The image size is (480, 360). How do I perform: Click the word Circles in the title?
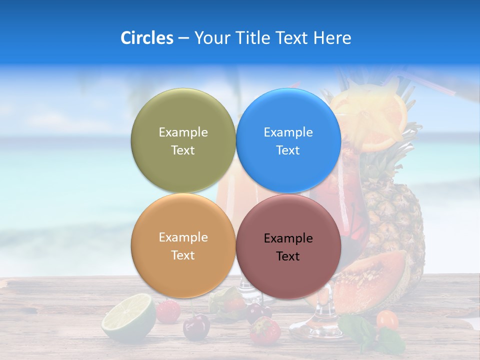146,38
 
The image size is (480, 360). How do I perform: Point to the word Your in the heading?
210,38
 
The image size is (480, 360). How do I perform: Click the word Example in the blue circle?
288,132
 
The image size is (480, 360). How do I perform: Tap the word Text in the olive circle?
183,150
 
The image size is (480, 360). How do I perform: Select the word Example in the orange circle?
183,237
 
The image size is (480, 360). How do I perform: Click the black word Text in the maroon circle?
288,256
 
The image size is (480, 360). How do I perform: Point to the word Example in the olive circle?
183,132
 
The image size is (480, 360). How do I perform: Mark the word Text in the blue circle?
288,150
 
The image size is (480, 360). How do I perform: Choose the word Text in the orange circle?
183,255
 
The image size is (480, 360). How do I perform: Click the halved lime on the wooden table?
128,317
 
